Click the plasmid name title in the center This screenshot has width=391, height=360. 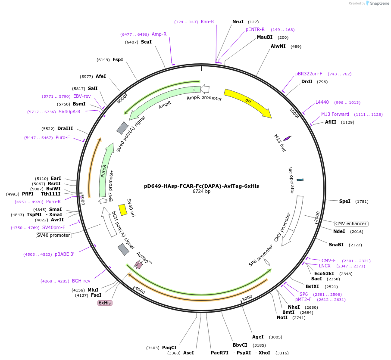201,186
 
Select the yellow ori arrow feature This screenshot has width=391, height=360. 247,103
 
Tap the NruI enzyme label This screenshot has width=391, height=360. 238,22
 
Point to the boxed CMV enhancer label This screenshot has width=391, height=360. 351,223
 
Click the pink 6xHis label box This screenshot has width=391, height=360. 105,303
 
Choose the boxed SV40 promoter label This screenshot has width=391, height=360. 53,235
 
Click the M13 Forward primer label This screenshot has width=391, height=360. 335,115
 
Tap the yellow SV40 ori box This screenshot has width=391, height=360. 123,210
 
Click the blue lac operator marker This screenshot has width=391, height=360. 300,180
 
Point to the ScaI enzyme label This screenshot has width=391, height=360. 146,42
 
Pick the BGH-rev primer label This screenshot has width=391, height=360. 81,281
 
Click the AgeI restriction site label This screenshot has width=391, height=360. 258,337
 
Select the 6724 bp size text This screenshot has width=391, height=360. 201,192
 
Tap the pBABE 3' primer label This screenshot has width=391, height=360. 64,254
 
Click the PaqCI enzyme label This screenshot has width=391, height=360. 169,348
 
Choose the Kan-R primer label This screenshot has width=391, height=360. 207,22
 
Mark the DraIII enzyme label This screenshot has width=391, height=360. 65,128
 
